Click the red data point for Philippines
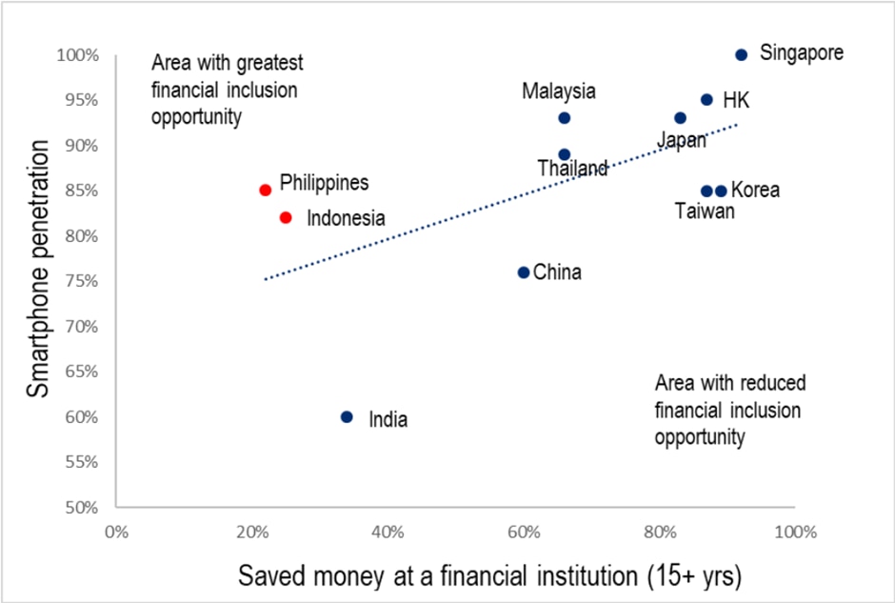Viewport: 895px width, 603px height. click(x=266, y=191)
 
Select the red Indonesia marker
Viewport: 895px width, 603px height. click(x=286, y=217)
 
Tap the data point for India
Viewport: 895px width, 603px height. click(x=347, y=417)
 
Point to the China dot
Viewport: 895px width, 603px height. click(x=524, y=272)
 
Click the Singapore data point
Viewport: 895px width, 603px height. click(x=742, y=54)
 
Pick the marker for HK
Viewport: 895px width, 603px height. click(x=706, y=100)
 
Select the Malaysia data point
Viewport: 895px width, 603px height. click(x=565, y=118)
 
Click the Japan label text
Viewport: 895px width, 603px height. click(x=682, y=141)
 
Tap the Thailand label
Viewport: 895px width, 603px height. click(x=572, y=169)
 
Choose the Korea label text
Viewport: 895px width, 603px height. click(x=755, y=191)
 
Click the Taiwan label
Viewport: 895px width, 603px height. click(x=705, y=211)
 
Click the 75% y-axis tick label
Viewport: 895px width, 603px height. click(x=81, y=281)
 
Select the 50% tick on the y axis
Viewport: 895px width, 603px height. click(x=81, y=507)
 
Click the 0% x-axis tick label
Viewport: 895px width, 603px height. click(x=116, y=532)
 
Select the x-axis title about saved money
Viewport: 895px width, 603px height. click(x=489, y=574)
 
